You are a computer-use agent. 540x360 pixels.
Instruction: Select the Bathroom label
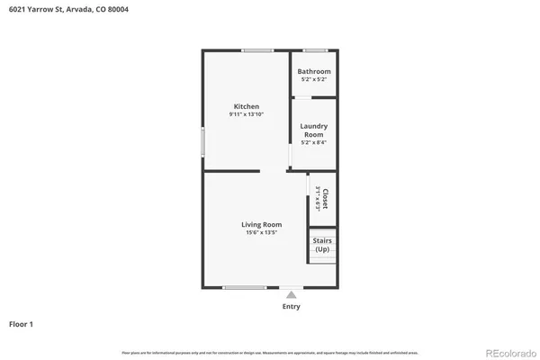(x=314, y=71)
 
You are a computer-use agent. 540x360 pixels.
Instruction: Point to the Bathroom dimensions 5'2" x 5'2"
(x=314, y=79)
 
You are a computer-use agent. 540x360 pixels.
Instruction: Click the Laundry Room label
(x=314, y=130)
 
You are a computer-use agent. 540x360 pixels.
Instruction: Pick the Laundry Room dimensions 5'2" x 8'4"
(x=314, y=142)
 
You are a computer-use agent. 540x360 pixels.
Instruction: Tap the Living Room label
(x=261, y=224)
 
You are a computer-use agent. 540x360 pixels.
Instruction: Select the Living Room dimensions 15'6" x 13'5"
(x=261, y=233)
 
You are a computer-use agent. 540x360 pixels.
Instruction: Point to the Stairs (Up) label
(x=321, y=244)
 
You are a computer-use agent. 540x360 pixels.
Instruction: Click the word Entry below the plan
(x=291, y=306)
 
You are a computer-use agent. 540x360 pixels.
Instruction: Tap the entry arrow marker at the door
(x=291, y=292)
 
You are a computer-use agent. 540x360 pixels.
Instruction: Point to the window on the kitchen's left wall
(x=202, y=141)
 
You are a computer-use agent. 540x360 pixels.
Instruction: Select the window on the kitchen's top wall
(x=257, y=50)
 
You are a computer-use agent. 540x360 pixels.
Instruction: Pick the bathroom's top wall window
(x=314, y=50)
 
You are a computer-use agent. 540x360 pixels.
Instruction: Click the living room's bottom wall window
(x=245, y=287)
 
